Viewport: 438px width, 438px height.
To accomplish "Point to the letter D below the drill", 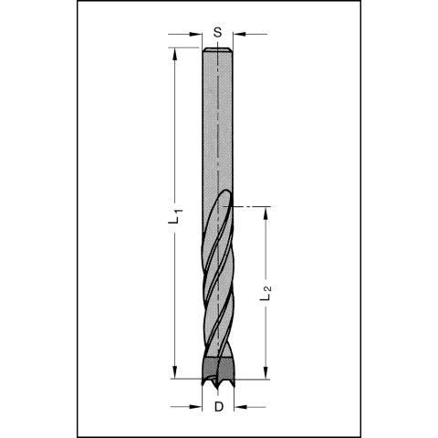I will coord(218,406).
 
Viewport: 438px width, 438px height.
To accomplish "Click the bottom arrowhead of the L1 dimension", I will coord(174,371).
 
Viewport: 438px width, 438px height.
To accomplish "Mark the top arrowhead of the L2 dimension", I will coord(266,211).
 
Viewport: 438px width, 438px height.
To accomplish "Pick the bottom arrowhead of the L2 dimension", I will coord(266,371).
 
